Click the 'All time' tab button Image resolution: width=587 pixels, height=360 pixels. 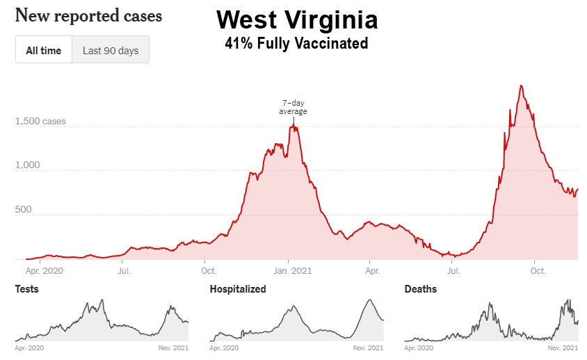tap(44, 50)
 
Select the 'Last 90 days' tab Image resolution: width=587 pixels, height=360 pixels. tap(111, 50)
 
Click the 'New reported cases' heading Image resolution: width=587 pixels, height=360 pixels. tap(88, 15)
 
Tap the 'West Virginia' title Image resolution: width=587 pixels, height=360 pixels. tap(297, 19)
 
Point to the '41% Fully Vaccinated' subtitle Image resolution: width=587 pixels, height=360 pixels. tap(296, 43)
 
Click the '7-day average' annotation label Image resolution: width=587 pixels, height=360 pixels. tap(293, 107)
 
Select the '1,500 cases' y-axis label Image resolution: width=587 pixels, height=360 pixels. tap(40, 122)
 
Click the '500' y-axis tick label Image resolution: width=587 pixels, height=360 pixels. tap(25, 209)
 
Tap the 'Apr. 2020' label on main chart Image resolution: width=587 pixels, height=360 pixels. tap(43, 270)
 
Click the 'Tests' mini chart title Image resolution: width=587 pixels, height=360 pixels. tap(26, 289)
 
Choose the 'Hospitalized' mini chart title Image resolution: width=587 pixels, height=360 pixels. tap(238, 289)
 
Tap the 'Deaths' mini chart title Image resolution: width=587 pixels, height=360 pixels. tap(420, 289)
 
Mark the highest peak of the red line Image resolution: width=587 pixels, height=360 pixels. tap(521, 85)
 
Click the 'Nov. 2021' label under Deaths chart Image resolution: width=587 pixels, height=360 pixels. tap(563, 347)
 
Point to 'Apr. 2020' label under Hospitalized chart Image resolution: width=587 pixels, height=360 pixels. tap(224, 347)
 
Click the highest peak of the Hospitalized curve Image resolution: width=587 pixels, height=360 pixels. tap(370, 300)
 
